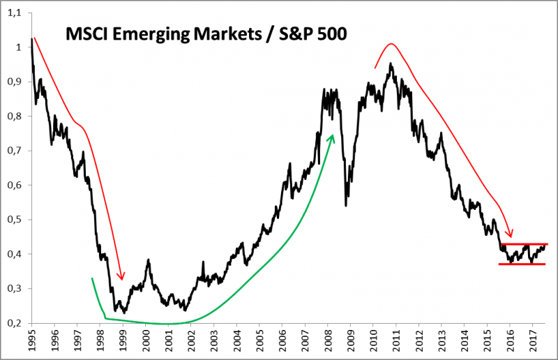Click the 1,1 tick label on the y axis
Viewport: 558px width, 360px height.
click(13, 13)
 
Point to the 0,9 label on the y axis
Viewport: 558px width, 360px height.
click(13, 82)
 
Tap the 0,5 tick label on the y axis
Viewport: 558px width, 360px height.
click(13, 219)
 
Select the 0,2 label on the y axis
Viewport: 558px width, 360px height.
click(13, 322)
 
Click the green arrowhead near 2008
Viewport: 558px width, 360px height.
click(332, 138)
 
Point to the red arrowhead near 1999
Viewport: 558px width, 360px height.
click(121, 276)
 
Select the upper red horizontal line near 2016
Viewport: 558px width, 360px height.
click(523, 243)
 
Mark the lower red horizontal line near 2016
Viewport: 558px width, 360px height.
click(523, 264)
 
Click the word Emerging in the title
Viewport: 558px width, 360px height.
click(143, 34)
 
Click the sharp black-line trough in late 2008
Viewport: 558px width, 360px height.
click(347, 205)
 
